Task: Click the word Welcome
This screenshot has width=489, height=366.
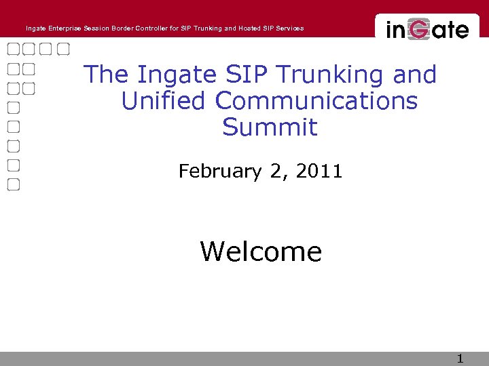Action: tap(261, 252)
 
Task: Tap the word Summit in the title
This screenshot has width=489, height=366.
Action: tap(270, 127)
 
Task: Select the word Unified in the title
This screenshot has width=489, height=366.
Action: tap(163, 101)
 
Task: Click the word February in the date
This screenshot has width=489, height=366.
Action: tap(219, 171)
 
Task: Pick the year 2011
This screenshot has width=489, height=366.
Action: tap(319, 171)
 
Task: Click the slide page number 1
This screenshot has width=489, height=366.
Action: tap(460, 359)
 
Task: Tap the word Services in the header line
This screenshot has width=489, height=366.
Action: tap(289, 28)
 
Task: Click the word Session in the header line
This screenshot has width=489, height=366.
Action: tap(96, 28)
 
